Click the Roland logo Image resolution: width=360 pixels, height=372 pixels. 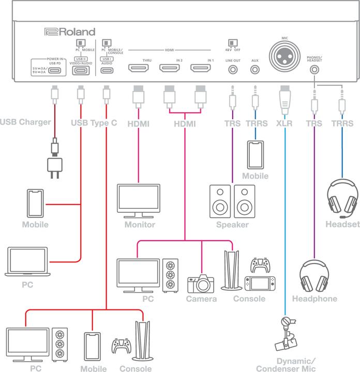tap(69, 32)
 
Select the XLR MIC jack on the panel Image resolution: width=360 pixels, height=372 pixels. tap(284, 53)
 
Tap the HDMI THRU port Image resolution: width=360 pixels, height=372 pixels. tap(138, 68)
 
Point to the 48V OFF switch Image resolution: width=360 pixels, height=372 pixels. tap(233, 43)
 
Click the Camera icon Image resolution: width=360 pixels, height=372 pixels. tap(201, 283)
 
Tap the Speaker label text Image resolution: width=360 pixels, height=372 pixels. tap(233, 225)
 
